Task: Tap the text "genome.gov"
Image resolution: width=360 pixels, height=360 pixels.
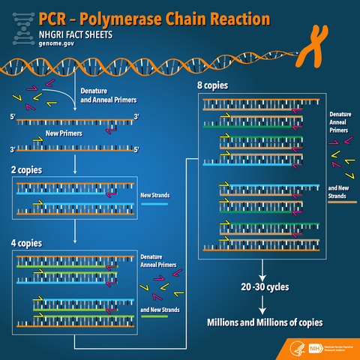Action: click(57, 45)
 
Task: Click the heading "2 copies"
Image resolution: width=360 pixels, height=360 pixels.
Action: click(27, 170)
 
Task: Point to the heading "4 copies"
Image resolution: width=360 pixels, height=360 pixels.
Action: click(27, 244)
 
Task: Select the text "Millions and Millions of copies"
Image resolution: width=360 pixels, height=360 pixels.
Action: click(264, 322)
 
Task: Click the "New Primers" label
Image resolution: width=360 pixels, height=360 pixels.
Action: click(63, 133)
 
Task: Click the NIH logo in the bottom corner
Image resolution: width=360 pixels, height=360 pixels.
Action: click(331, 349)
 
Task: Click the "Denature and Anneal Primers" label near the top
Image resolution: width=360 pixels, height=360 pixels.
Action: click(105, 95)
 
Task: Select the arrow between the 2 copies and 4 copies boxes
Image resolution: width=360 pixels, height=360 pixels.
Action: click(75, 232)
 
